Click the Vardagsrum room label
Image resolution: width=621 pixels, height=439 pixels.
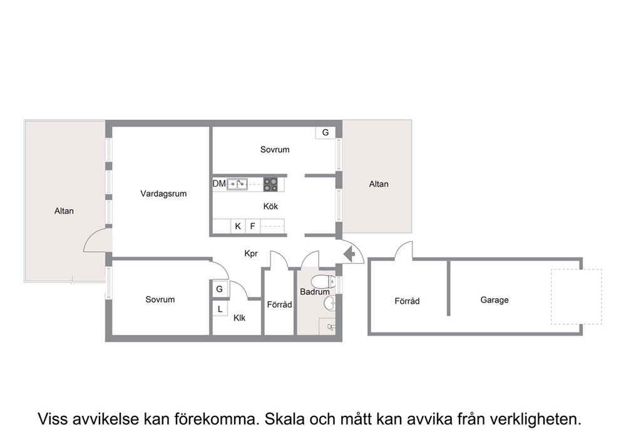click(x=163, y=194)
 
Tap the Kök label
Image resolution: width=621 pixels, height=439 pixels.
click(x=270, y=207)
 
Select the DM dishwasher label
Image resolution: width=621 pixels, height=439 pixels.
click(x=219, y=184)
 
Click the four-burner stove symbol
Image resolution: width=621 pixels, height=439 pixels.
click(x=271, y=184)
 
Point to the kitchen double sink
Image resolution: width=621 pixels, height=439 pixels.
click(x=237, y=184)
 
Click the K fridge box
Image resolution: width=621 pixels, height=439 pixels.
click(x=238, y=226)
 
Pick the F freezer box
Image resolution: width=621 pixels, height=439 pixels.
click(x=253, y=226)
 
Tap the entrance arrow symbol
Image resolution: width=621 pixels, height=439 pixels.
click(x=349, y=254)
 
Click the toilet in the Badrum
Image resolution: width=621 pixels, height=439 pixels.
click(x=323, y=282)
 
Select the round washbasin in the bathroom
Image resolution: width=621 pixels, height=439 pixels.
click(x=329, y=304)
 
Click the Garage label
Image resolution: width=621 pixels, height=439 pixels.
click(x=495, y=300)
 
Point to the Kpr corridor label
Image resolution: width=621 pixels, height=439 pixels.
click(x=251, y=254)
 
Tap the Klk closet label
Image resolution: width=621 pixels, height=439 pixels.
click(x=239, y=318)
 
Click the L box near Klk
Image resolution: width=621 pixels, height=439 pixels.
click(x=220, y=309)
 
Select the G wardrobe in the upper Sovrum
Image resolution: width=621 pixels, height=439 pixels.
click(x=326, y=132)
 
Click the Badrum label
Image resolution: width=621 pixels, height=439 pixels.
click(x=314, y=292)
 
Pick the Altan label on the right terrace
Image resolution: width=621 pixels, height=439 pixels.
click(x=379, y=184)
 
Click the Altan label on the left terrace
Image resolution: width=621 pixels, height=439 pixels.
click(x=64, y=211)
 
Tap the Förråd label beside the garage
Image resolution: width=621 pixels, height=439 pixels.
click(x=407, y=301)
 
